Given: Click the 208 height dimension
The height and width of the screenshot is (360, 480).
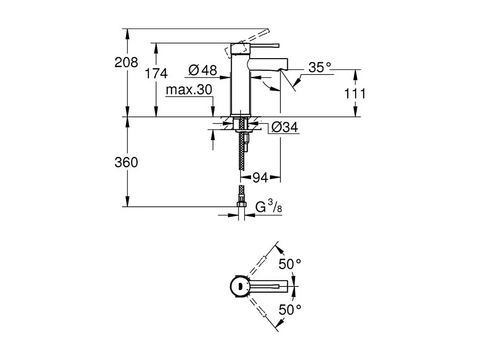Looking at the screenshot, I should pyautogui.click(x=126, y=63).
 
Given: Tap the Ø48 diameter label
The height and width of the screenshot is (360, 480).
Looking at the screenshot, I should pyautogui.click(x=203, y=70).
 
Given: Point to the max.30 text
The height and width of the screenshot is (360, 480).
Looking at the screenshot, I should pyautogui.click(x=189, y=90).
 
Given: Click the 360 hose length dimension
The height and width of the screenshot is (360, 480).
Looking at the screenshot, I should pyautogui.click(x=126, y=163).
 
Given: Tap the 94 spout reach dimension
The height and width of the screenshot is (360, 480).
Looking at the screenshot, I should pyautogui.click(x=260, y=178).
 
